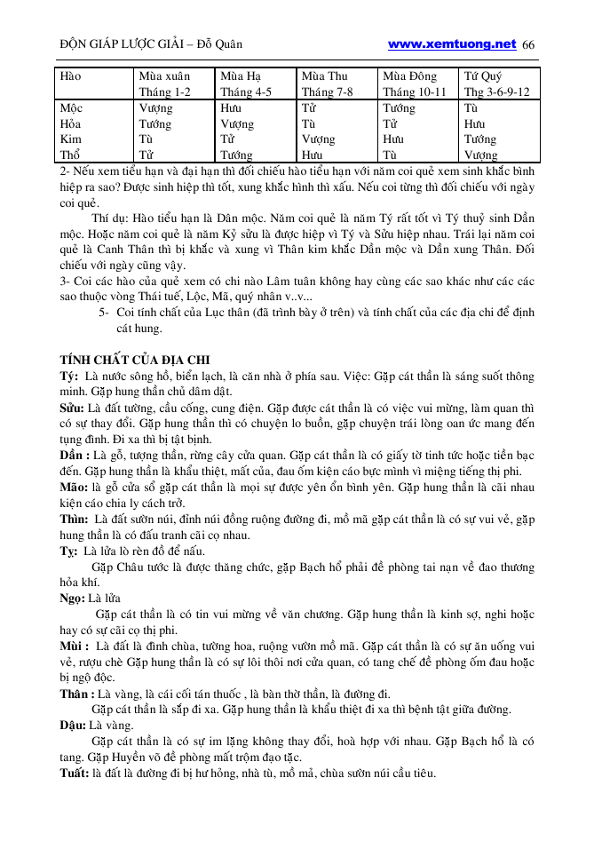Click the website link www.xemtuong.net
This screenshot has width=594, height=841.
452,44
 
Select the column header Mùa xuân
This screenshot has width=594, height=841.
164,76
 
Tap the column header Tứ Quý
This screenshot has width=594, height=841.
486,76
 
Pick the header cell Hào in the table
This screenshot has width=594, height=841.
70,76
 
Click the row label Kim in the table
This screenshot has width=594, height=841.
71,139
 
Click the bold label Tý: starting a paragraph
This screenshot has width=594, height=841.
68,376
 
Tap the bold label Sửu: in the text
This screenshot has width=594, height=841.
72,408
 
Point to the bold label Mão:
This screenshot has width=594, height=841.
73,488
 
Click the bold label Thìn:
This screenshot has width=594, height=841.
74,520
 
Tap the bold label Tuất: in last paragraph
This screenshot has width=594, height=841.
74,774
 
